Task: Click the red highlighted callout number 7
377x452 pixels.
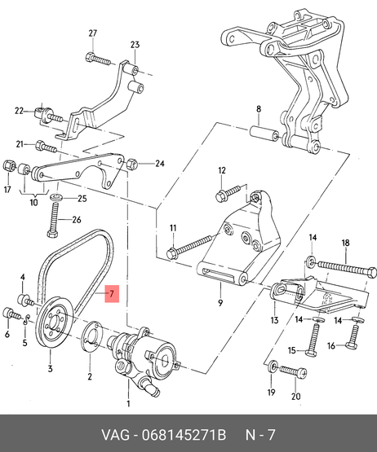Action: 112,294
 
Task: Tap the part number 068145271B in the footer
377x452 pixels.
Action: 184,435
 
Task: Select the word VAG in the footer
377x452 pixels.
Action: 116,435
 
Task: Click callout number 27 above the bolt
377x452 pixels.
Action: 92,33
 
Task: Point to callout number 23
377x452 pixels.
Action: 135,45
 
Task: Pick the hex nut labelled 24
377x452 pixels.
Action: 131,164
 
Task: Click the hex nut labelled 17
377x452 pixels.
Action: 9,166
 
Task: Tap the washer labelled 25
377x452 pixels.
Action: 56,198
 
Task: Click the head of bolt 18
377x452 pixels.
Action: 372,273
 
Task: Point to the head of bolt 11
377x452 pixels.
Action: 171,252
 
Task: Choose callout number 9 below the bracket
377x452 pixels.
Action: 220,303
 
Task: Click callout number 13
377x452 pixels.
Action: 274,320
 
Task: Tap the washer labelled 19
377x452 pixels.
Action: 272,366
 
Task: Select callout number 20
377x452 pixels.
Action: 295,397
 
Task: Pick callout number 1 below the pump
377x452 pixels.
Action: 128,404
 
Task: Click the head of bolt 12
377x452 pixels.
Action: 220,196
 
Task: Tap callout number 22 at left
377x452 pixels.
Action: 19,111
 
